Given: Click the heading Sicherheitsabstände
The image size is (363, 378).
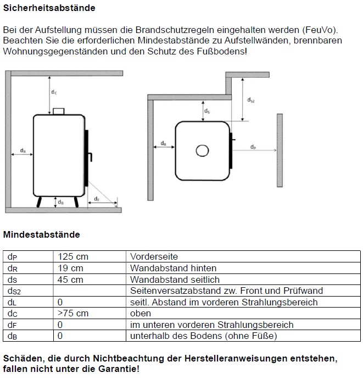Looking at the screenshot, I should [x=49, y=8].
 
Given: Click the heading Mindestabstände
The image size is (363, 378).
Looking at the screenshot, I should [x=42, y=234].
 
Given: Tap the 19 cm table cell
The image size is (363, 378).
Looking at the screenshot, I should [x=70, y=269].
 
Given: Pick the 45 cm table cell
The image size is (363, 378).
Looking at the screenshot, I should [x=70, y=280].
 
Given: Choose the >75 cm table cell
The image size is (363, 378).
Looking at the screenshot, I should [x=73, y=314].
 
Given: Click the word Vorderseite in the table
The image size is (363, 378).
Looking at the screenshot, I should [x=154, y=257].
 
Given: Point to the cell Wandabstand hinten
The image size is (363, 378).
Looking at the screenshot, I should [x=173, y=269].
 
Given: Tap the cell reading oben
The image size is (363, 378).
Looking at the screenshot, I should [x=141, y=314].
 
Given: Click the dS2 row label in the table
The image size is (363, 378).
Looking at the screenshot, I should [x=14, y=291].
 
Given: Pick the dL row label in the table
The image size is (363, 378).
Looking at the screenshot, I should [x=12, y=303].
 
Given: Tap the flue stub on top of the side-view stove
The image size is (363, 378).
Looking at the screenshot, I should [x=58, y=112].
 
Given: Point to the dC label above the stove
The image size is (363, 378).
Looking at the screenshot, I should [x=54, y=92].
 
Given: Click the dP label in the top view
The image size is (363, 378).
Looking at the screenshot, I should [x=253, y=147].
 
